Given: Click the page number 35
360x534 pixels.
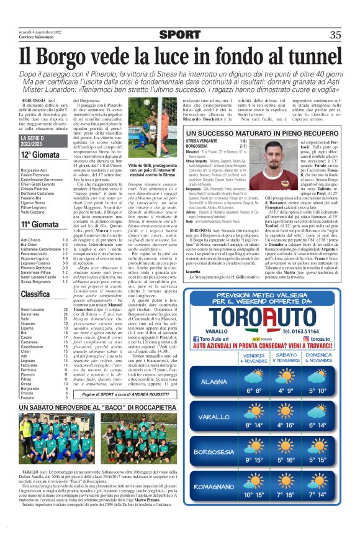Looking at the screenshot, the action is point(336,35).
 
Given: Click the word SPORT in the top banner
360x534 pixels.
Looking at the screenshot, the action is point(179,35).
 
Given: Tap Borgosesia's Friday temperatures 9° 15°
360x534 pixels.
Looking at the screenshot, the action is point(254,460).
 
